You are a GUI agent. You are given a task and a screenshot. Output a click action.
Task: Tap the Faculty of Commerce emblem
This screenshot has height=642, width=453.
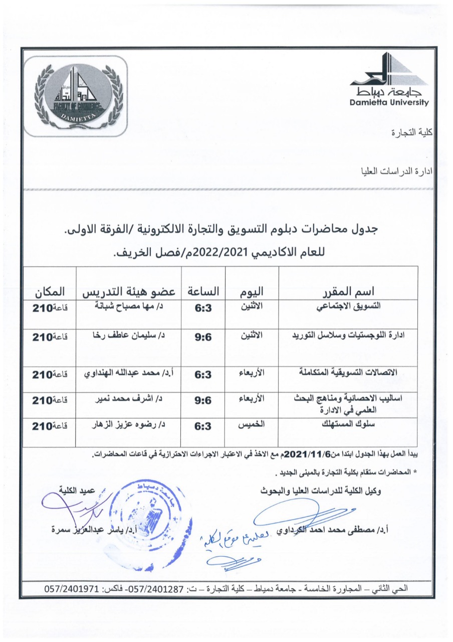76,95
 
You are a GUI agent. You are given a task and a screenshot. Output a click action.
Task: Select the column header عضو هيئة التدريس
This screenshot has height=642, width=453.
129,291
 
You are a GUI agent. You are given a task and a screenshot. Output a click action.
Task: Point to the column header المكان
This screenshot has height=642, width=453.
50,291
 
